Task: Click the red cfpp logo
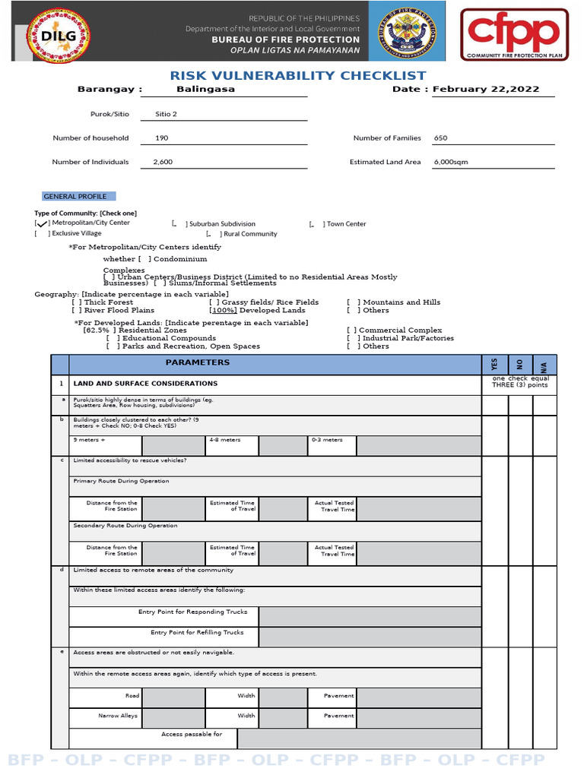point(517,34)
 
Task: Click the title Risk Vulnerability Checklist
point(298,75)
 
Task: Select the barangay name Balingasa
point(205,89)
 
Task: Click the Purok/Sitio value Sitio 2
point(166,114)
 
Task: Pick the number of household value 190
point(161,138)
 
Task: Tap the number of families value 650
point(441,138)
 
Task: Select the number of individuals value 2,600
point(163,162)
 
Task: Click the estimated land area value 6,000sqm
point(451,162)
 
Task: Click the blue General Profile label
point(75,196)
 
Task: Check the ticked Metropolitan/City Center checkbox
point(43,223)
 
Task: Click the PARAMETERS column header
point(198,362)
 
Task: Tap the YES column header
point(495,365)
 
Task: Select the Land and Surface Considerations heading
point(145,384)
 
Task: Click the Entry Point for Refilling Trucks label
point(197,632)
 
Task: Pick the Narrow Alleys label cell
point(119,716)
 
